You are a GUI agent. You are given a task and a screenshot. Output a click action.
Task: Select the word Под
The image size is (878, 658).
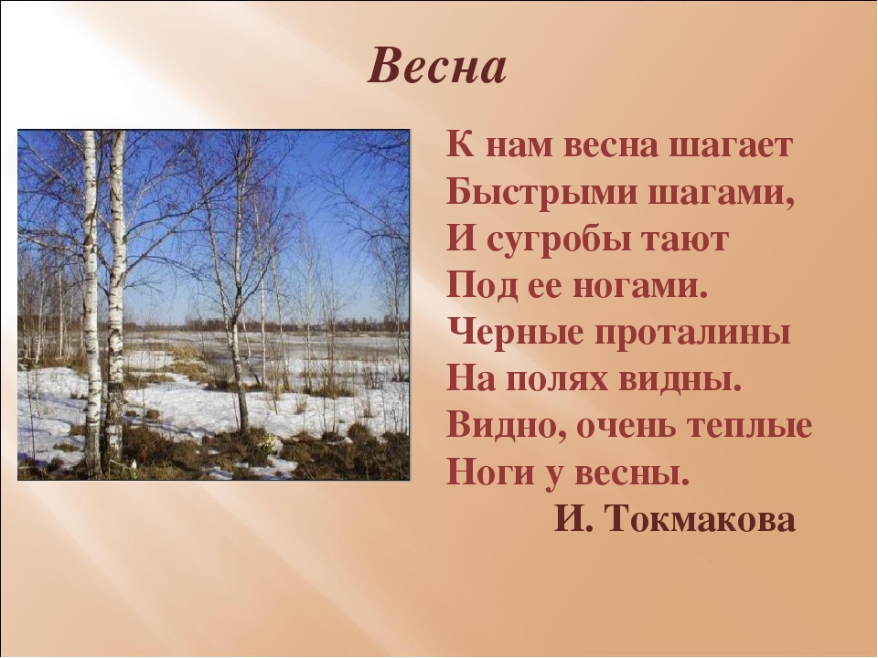475,287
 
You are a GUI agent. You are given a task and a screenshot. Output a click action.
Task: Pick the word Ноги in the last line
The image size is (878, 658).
483,473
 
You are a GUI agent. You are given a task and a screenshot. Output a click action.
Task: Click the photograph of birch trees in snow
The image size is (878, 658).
213,304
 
